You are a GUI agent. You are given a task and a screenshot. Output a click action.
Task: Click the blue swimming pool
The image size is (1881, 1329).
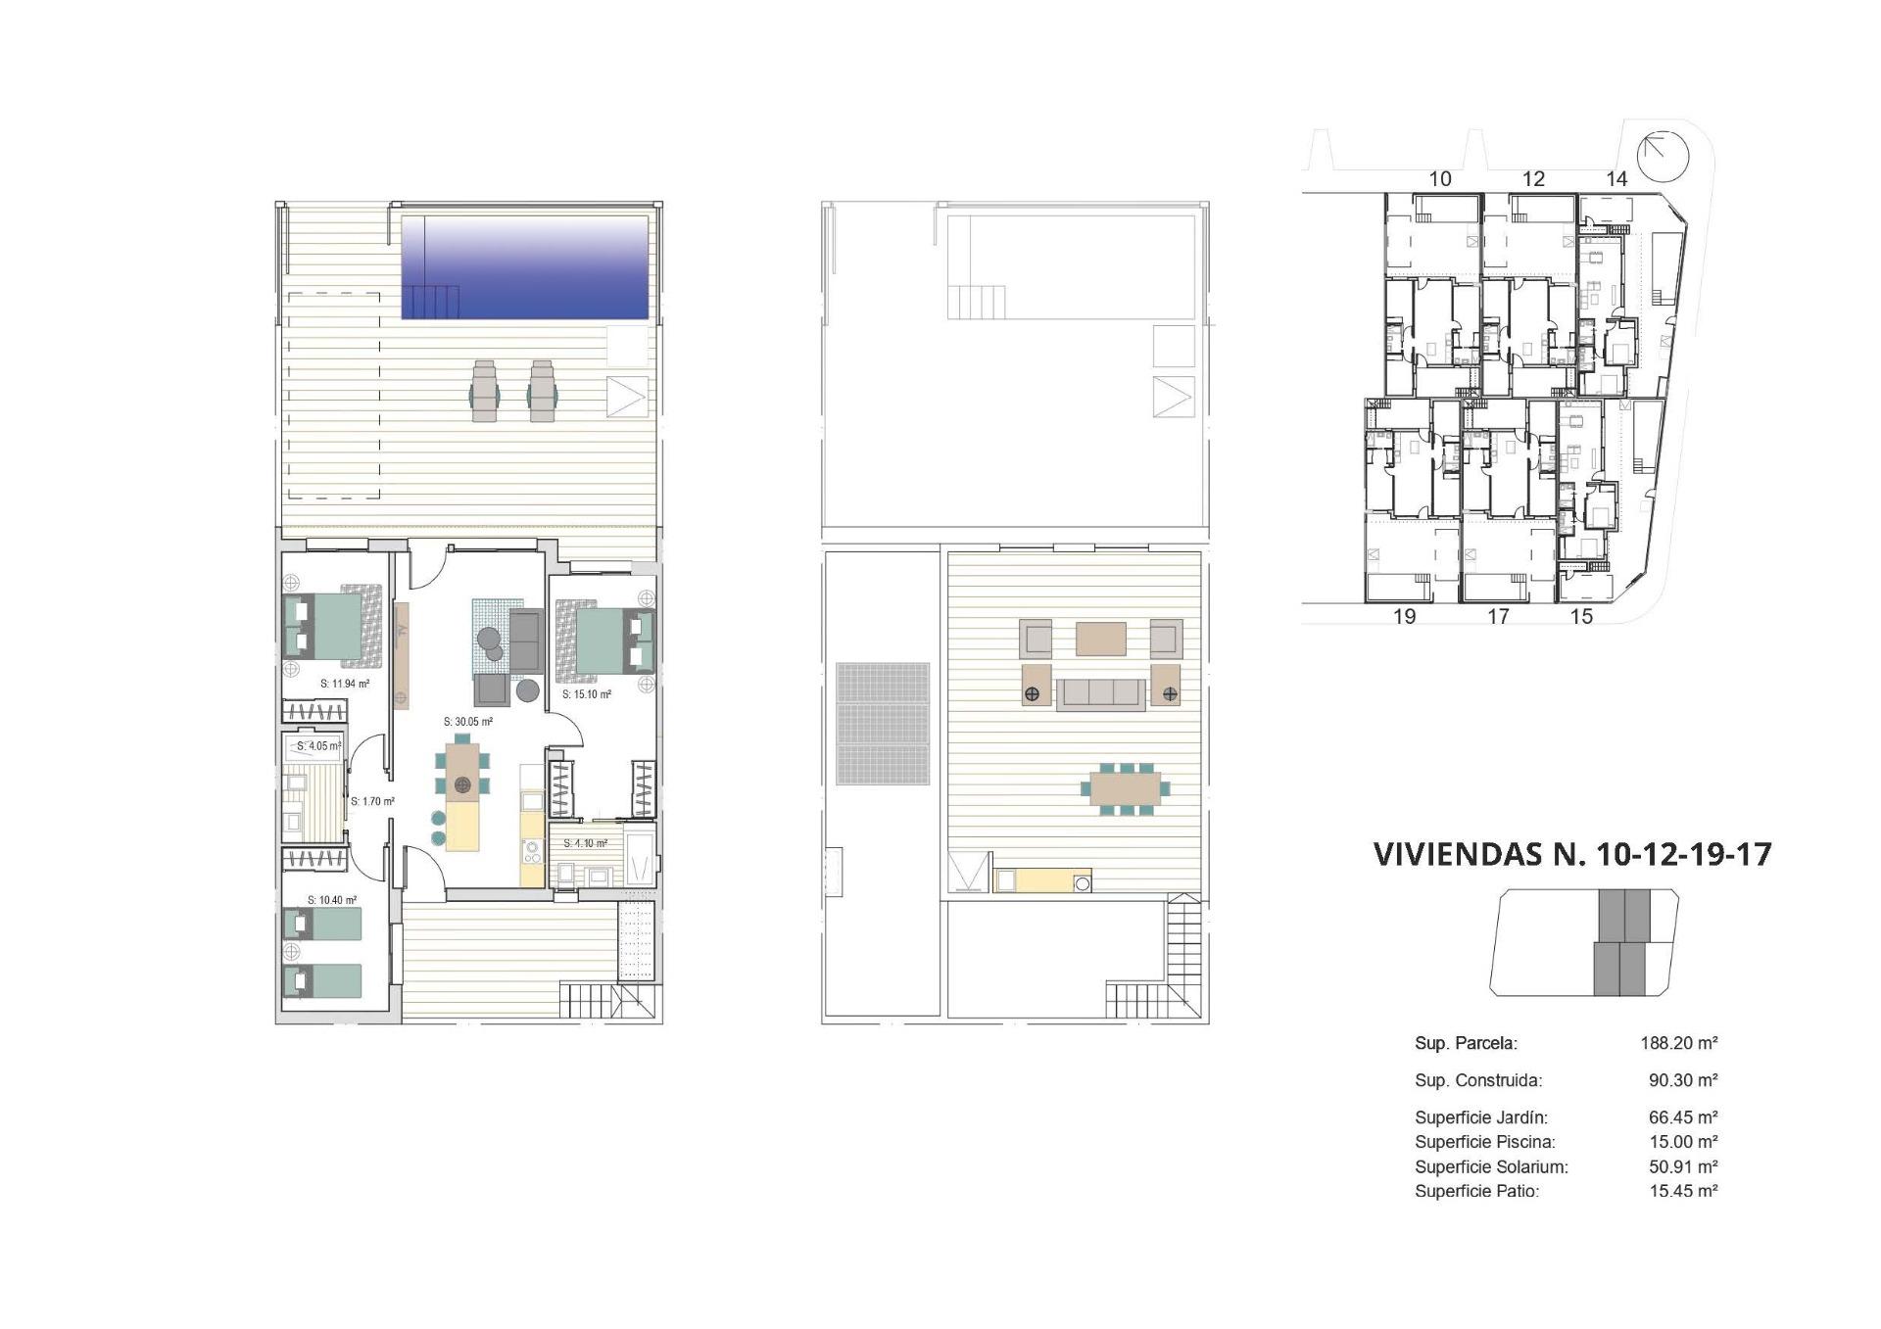[x=525, y=267]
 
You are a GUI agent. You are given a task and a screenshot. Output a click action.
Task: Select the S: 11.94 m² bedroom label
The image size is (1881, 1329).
[x=345, y=684]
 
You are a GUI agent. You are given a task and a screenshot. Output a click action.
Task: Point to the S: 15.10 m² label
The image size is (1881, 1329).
[x=587, y=694]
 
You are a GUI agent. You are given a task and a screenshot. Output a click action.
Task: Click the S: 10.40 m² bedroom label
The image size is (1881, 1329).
[x=332, y=900]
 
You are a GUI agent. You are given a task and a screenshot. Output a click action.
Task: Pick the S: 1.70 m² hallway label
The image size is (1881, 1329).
[x=372, y=801]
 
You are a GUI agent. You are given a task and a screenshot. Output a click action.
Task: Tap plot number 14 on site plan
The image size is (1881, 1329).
[x=1616, y=179]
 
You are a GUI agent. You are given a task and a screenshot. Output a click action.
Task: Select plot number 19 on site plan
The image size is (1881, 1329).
[x=1404, y=617]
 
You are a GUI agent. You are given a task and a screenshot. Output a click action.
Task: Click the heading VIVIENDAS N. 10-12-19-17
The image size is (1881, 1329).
[x=1572, y=854]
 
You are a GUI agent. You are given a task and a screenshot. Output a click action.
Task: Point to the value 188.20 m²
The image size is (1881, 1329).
[x=1678, y=1044]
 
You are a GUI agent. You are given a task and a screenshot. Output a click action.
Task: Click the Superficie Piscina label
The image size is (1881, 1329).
[x=1484, y=1142]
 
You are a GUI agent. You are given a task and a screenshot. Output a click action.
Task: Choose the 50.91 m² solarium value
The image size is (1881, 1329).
[x=1682, y=1166]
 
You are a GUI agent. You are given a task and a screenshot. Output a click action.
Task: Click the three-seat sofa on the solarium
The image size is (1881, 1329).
[x=1100, y=693]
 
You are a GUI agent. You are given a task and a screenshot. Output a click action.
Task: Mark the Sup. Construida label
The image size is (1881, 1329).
[x=1477, y=1081]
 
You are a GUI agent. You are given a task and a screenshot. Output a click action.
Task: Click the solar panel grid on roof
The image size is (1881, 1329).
[x=882, y=724]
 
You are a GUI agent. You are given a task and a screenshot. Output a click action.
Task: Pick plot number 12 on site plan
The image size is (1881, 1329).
[x=1533, y=179]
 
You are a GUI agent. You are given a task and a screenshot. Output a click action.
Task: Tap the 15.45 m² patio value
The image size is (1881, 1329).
[x=1682, y=1191]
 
